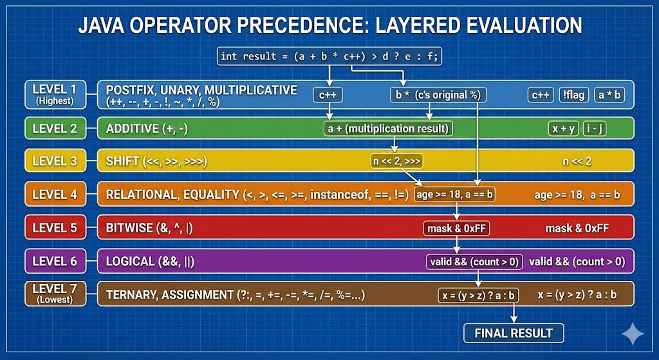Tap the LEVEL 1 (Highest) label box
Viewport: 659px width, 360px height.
[x=55, y=95]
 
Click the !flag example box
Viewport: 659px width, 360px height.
[x=573, y=95]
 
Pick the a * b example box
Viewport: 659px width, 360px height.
[x=608, y=95]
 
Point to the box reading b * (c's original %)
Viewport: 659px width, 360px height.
[x=438, y=95]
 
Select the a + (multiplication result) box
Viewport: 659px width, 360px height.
[x=388, y=128]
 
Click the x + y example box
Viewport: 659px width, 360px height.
[x=564, y=128]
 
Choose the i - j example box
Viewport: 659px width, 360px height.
[x=594, y=128]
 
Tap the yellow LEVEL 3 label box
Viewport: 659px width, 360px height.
[x=55, y=160]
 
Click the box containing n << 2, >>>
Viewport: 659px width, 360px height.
[x=396, y=160]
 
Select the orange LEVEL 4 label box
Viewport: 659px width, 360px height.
[x=55, y=194]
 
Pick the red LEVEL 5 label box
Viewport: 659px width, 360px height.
[x=55, y=227]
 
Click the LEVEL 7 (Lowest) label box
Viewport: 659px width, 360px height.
[x=55, y=294]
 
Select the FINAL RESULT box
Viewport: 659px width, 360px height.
[x=514, y=333]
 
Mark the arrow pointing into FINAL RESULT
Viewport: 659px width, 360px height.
[x=514, y=314]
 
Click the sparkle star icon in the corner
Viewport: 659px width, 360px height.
[x=632, y=334]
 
